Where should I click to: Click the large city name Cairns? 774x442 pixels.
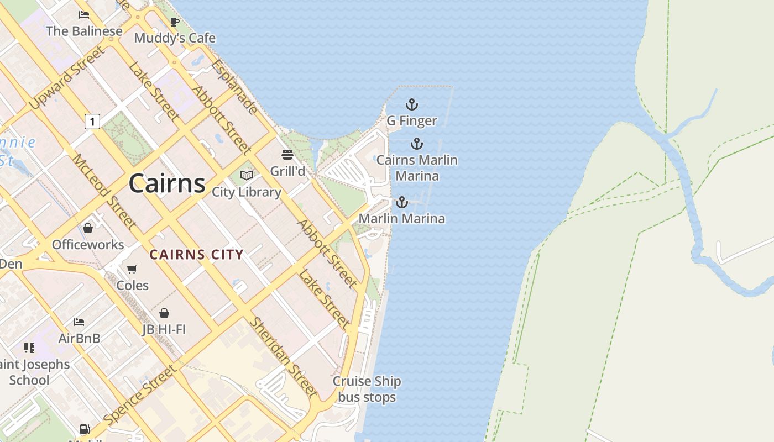coord(167,183)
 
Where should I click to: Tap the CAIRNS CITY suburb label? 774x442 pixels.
coord(196,255)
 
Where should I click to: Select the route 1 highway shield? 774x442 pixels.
coord(92,121)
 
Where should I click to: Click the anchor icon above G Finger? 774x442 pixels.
coord(411,104)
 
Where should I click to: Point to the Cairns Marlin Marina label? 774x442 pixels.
coord(418,168)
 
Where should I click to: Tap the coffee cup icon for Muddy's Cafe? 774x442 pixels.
coord(175,22)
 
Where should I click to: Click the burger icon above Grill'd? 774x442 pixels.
coord(287,154)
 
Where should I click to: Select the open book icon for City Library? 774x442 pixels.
coord(247,176)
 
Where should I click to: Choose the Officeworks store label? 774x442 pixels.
coord(88,244)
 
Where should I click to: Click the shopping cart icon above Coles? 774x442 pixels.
coord(132,269)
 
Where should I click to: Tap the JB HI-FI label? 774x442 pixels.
coord(164,330)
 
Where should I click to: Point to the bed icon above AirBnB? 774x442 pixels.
coord(79,322)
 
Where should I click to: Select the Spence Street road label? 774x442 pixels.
coord(142,394)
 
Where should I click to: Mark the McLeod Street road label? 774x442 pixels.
coord(104,191)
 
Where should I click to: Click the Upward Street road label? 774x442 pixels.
coord(66,78)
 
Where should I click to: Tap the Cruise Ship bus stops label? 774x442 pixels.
coord(367,389)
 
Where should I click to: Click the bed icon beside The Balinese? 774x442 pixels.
coord(84,15)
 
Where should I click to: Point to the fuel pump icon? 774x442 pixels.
coord(85,429)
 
